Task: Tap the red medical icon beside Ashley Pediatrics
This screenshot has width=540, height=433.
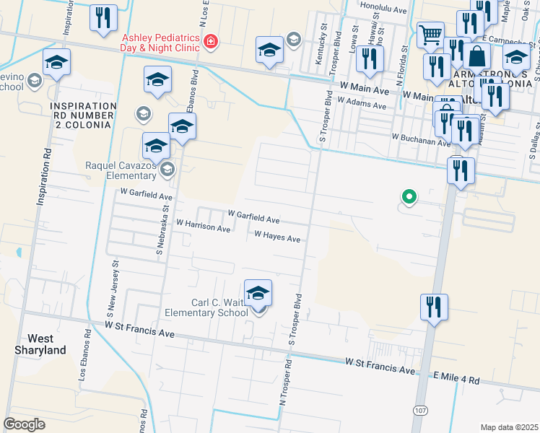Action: pos(211,42)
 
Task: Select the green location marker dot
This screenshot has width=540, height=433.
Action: pos(409,196)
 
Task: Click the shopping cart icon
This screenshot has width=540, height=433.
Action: pos(431,34)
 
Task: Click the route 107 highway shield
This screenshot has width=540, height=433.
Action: pos(419,410)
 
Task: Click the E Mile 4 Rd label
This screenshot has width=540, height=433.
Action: pos(456,378)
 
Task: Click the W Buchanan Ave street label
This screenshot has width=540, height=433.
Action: pos(421,137)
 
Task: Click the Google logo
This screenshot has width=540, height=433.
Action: pos(24,424)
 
